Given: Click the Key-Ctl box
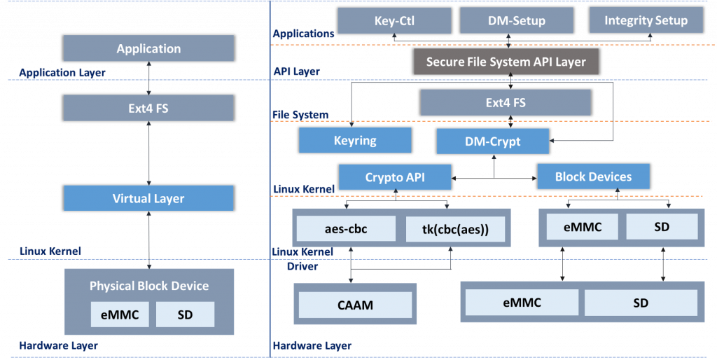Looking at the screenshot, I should tap(394, 21).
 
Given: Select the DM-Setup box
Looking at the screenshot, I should tap(517, 21).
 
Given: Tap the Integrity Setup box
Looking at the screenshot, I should tap(646, 21).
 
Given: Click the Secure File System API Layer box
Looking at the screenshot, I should tap(506, 62).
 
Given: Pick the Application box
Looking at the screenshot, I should tap(148, 48).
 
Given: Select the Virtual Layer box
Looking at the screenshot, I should tap(148, 198).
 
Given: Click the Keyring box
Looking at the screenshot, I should tap(355, 140).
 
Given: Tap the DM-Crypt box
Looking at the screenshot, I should tap(492, 141).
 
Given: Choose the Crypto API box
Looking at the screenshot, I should tap(394, 177).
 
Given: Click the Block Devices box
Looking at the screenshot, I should tap(593, 177).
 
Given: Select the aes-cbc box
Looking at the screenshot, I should tap(346, 229).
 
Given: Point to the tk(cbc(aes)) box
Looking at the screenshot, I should tap(456, 229).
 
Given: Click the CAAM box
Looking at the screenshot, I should tap(355, 305).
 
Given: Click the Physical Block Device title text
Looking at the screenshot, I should tap(148, 286).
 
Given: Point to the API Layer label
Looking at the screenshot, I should tap(296, 71).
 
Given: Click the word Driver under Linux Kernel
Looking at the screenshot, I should tap(303, 266).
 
